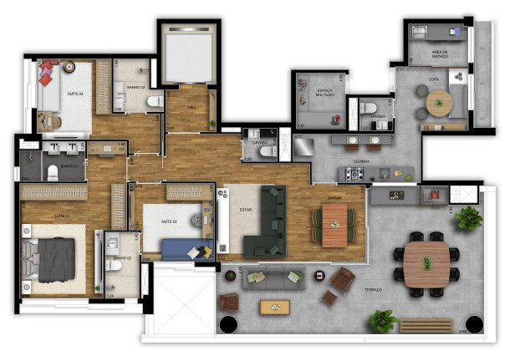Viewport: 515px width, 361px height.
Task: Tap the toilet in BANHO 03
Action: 154,102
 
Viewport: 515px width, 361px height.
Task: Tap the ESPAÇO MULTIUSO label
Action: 325,93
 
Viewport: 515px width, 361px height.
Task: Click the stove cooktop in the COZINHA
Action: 354,174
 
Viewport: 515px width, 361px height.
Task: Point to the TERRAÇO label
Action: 373,290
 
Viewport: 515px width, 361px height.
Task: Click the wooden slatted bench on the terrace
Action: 427,325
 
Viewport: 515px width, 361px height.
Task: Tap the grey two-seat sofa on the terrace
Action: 273,278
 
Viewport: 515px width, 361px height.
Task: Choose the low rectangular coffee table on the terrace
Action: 275,307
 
